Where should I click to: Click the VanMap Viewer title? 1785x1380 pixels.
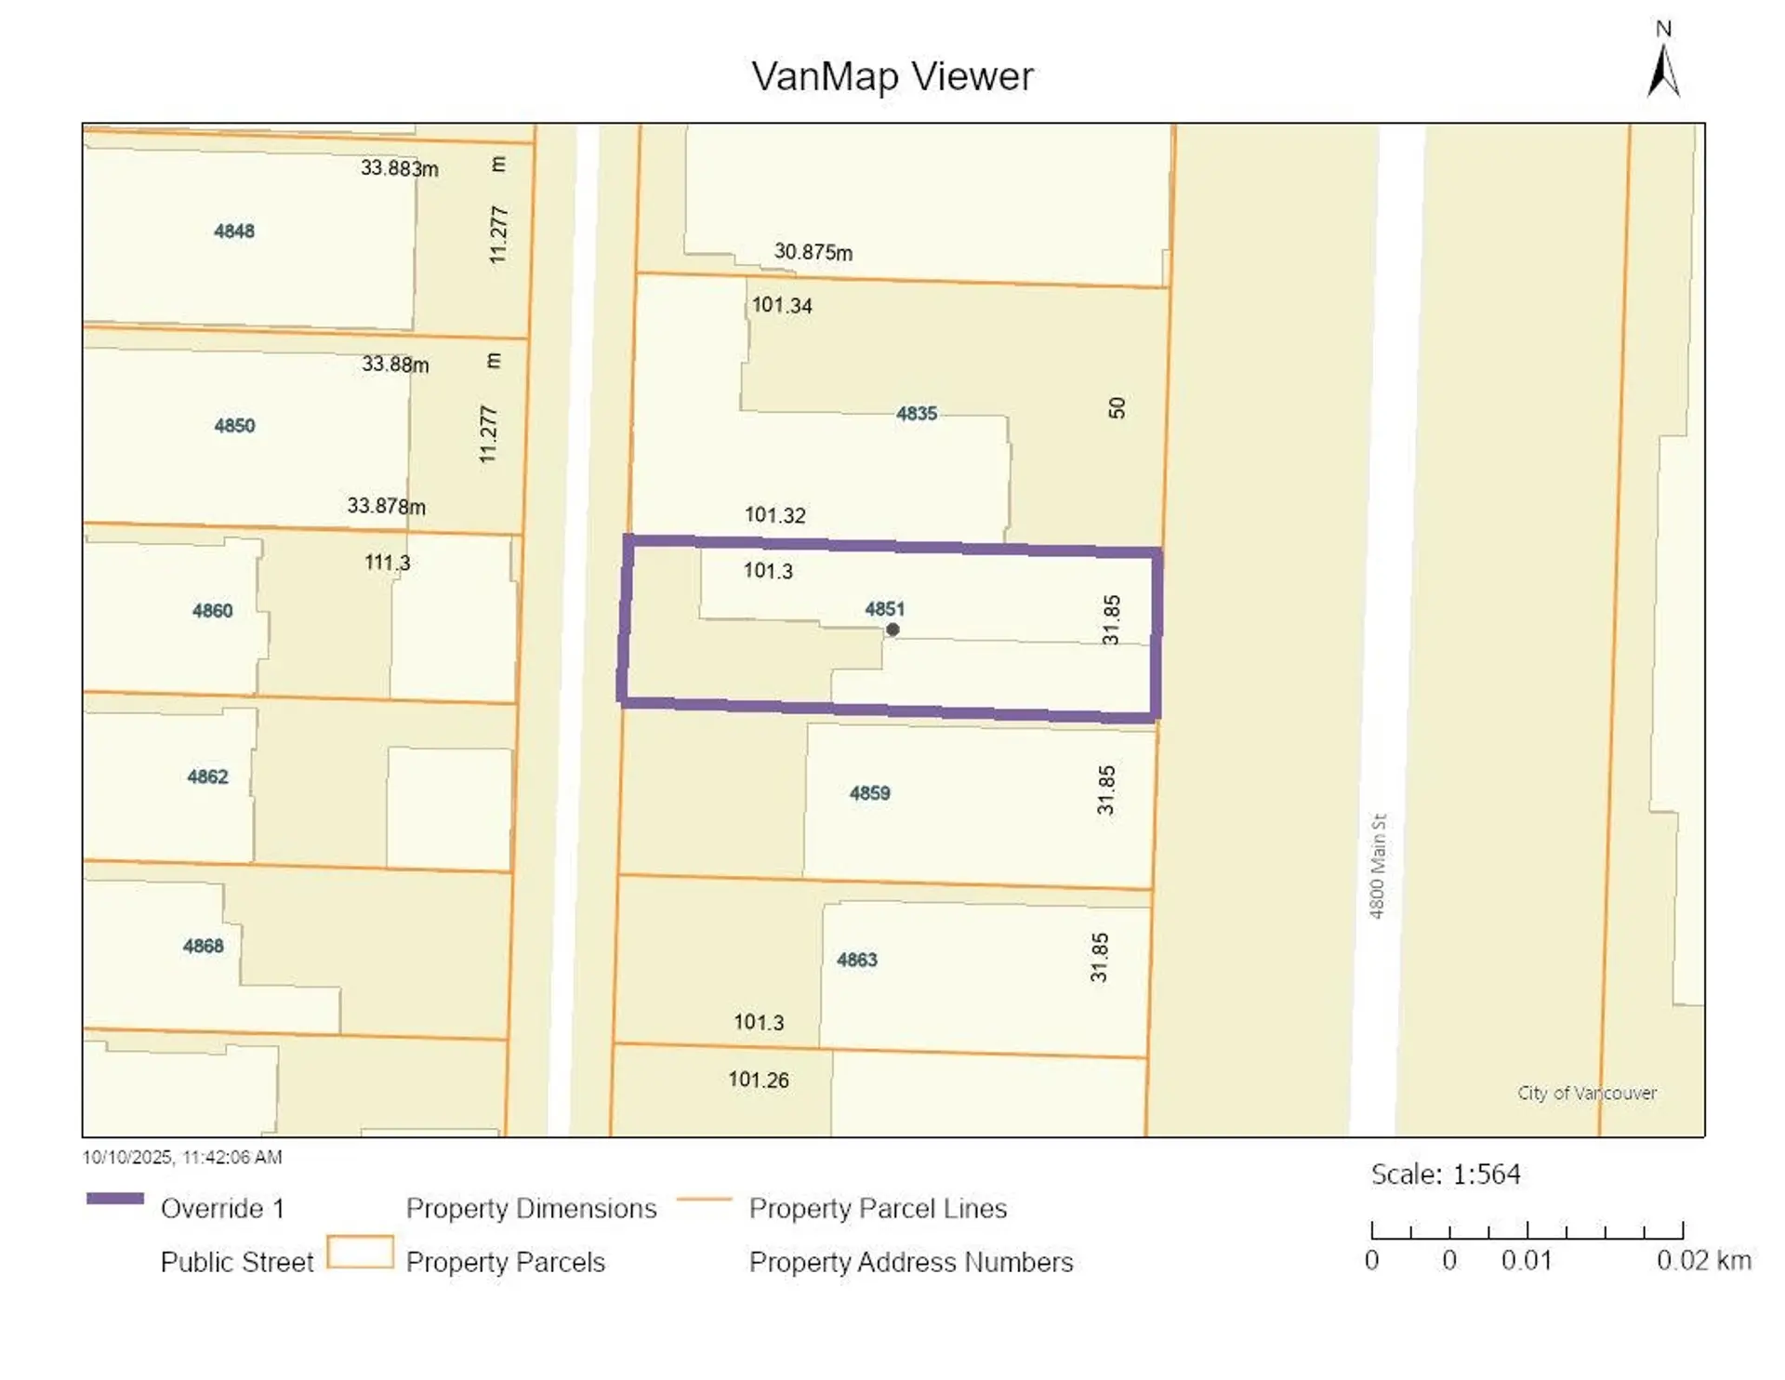[x=892, y=76]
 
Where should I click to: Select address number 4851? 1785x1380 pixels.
[x=884, y=609]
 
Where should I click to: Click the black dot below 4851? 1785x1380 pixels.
[x=892, y=630]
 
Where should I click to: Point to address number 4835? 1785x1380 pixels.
[x=916, y=414]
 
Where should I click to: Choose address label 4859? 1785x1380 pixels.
[x=869, y=793]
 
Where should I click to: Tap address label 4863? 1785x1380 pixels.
[x=856, y=960]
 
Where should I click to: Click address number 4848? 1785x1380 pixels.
[x=233, y=232]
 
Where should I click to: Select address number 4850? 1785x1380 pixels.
[x=233, y=426]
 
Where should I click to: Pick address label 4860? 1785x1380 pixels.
[x=212, y=611]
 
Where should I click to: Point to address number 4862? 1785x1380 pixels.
[x=207, y=776]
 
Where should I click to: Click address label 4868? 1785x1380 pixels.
[x=203, y=947]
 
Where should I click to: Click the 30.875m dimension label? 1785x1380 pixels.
[x=813, y=252]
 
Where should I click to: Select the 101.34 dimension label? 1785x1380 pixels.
[x=781, y=305]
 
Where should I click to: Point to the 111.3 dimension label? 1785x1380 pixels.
[x=387, y=563]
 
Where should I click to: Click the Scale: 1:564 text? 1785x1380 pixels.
[x=1446, y=1174]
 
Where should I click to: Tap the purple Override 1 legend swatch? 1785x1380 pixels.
[x=114, y=1199]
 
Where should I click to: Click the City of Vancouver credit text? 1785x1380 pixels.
[x=1586, y=1093]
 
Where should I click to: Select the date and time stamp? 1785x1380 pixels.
[x=182, y=1158]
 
